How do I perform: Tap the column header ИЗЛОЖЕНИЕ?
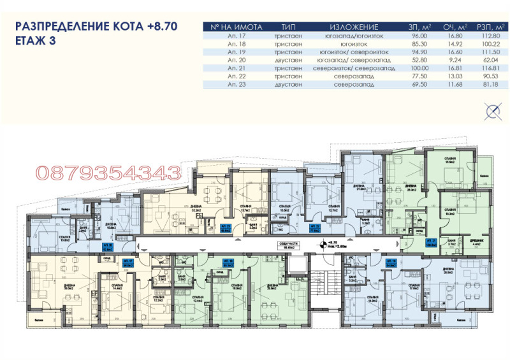point(354,27)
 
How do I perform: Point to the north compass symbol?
point(492,113)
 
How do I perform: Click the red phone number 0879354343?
point(108,171)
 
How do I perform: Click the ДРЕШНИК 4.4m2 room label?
point(476,242)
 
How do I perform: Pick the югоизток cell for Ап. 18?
point(354,43)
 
